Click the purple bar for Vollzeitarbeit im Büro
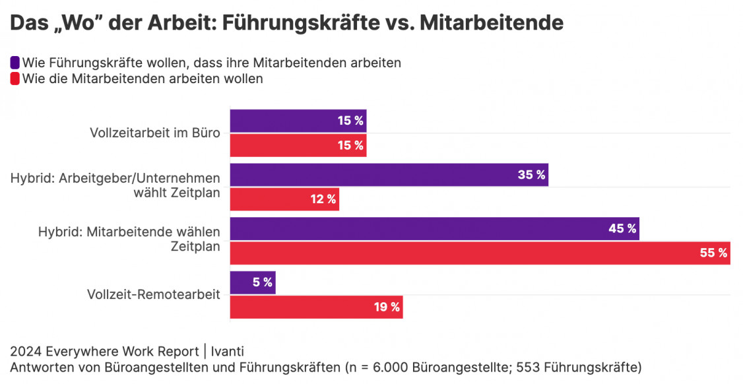pyautogui.click(x=298, y=121)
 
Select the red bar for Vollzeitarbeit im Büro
pyautogui.click(x=298, y=145)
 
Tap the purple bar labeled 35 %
pyautogui.click(x=389, y=175)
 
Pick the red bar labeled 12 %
pyautogui.click(x=284, y=199)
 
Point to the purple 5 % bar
pyautogui.click(x=253, y=282)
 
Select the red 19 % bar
pyautogui.click(x=316, y=307)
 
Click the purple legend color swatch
pyautogui.click(x=15, y=63)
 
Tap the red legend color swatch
pyautogui.click(x=15, y=79)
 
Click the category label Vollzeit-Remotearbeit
pyautogui.click(x=154, y=295)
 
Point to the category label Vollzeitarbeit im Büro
pyautogui.click(x=155, y=133)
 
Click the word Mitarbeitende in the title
pyautogui.click(x=492, y=22)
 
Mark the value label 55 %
pyautogui.click(x=713, y=253)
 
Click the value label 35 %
pyautogui.click(x=532, y=175)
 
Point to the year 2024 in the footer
pyautogui.click(x=24, y=351)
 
